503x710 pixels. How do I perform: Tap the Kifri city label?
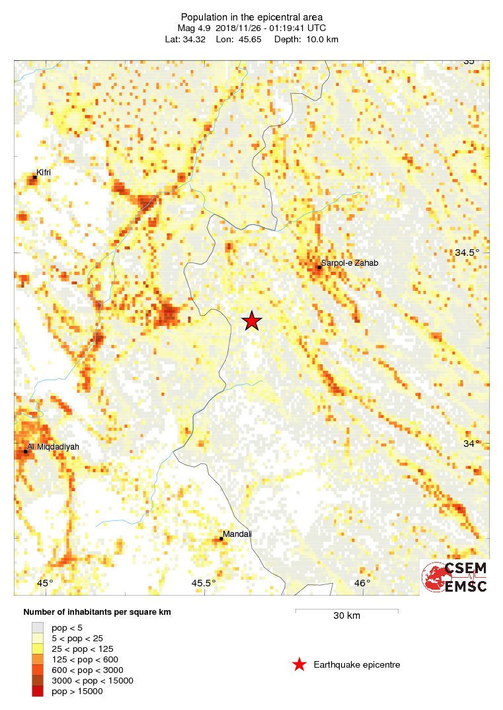click(44, 173)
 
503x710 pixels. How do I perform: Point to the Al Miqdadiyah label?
click(53, 447)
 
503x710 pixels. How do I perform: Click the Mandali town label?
click(237, 534)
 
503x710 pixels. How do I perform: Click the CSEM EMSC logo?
click(455, 577)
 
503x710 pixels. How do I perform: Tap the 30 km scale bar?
click(346, 610)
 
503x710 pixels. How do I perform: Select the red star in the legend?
click(299, 664)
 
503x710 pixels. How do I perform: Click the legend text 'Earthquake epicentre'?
click(357, 664)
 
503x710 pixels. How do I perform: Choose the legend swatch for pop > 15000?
click(38, 691)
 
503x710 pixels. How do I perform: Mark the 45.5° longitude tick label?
click(204, 583)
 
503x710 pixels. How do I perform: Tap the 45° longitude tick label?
click(44, 583)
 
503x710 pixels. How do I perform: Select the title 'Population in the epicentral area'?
click(251, 17)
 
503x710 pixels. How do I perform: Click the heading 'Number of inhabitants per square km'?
click(97, 612)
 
